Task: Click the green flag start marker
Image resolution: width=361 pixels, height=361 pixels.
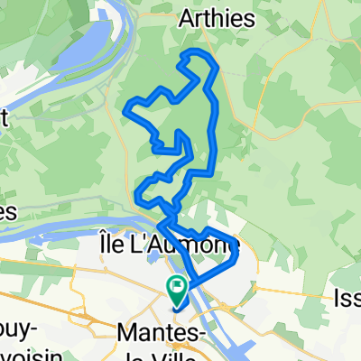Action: tap(175, 290)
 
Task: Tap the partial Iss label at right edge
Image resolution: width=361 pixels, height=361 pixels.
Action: tap(347, 297)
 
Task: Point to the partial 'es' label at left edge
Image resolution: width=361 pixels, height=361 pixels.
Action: tap(7, 212)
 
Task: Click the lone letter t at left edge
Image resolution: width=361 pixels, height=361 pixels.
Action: tap(4, 116)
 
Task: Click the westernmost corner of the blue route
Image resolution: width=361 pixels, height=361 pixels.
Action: tap(124, 110)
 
